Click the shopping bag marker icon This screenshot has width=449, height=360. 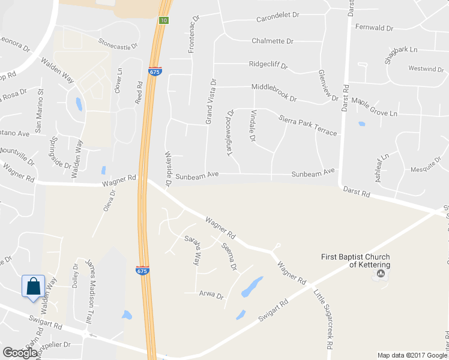pyautogui.click(x=34, y=286)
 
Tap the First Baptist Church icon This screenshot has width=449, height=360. pyautogui.click(x=381, y=275)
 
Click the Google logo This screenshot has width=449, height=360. pyautogui.click(x=20, y=353)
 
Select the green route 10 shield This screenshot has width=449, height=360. pyautogui.click(x=163, y=20)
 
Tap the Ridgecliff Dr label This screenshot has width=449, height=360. pyautogui.click(x=268, y=64)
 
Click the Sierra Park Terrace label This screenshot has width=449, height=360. pyautogui.click(x=308, y=124)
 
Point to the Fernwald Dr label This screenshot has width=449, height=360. pyautogui.click(x=373, y=28)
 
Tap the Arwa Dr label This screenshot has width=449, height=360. pyautogui.click(x=211, y=295)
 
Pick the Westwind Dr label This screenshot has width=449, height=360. pyautogui.click(x=426, y=69)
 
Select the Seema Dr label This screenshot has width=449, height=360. pyautogui.click(x=229, y=257)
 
